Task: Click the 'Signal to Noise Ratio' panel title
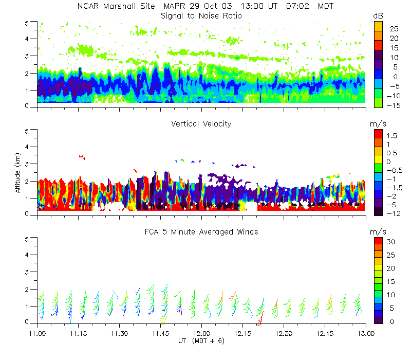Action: tap(201, 16)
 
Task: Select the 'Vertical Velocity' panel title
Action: tap(201, 124)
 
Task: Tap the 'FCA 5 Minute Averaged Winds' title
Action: tap(201, 232)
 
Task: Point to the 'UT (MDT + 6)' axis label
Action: tap(201, 341)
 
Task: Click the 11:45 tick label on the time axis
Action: tap(160, 333)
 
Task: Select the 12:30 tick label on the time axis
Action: tap(284, 333)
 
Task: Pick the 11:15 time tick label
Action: tap(78, 333)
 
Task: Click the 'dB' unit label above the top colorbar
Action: tap(378, 16)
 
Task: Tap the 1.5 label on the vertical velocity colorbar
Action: tap(390, 136)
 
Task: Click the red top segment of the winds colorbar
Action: tap(378, 241)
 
